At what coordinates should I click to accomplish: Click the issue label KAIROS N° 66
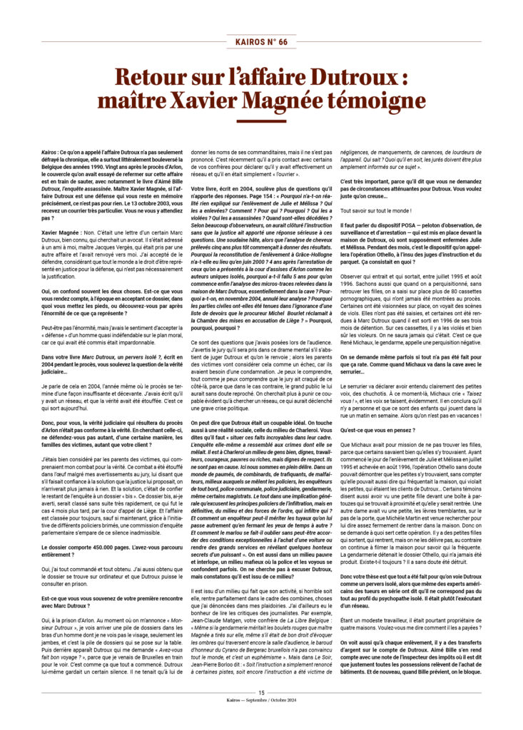coord(261,42)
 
